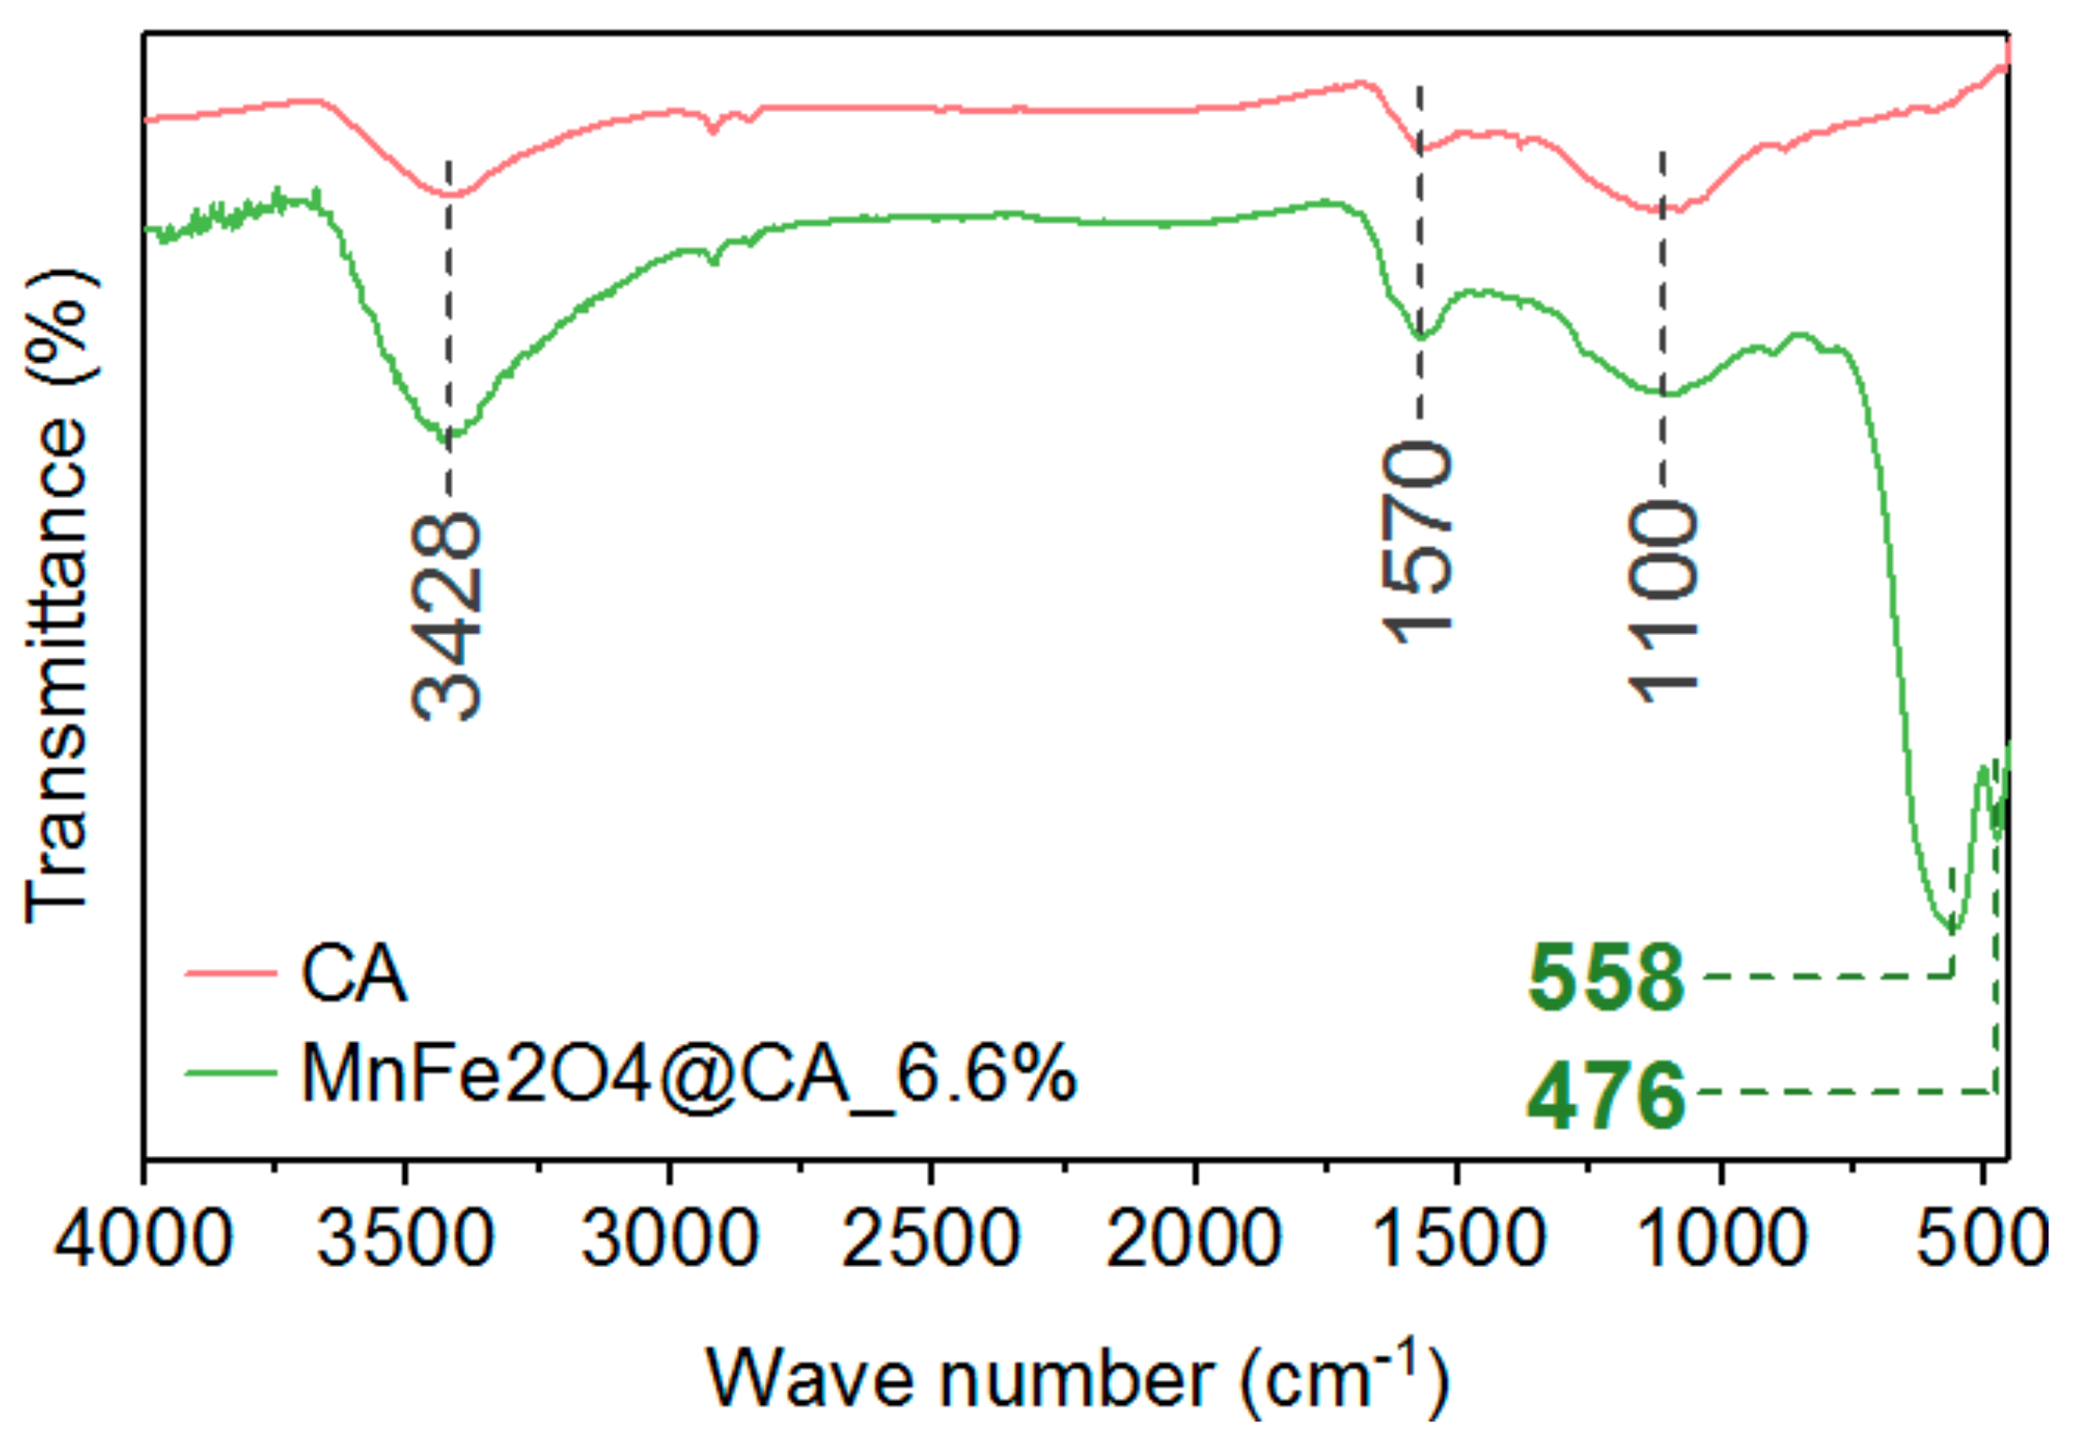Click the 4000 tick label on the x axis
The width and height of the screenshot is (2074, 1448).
pos(144,1238)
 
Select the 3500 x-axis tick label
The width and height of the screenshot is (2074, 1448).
pos(406,1238)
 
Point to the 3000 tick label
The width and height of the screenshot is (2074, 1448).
pos(669,1238)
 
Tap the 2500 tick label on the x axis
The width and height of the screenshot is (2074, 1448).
pos(931,1238)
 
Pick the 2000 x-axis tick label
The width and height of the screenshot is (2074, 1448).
pos(1194,1238)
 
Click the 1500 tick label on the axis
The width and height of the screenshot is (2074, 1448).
pos(1457,1238)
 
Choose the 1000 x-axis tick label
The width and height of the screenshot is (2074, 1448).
pos(1722,1238)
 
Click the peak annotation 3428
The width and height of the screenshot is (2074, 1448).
pos(446,617)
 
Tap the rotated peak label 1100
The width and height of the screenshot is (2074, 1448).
pos(1663,601)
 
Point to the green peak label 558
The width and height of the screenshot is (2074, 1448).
pos(1606,978)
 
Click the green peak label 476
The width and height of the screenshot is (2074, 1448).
pos(1606,1095)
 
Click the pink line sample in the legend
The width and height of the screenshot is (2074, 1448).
pos(230,974)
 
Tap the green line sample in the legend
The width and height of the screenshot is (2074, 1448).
pos(230,1073)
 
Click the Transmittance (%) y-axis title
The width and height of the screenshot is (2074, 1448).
pos(57,596)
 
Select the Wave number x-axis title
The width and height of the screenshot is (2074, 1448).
pos(1077,1380)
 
